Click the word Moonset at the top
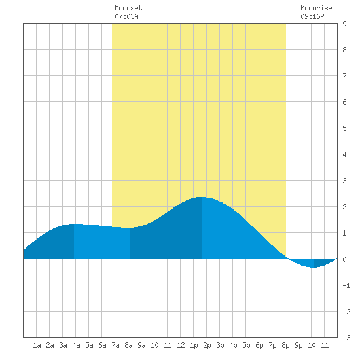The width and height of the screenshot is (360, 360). [128, 8]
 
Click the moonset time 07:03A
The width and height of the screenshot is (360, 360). [126, 16]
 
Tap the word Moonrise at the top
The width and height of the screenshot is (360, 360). [316, 8]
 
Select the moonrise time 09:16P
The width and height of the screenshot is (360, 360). [312, 16]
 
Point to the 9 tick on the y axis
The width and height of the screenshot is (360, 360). [344, 24]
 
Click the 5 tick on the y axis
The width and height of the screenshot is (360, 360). [344, 128]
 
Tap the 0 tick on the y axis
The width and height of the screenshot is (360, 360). [344, 259]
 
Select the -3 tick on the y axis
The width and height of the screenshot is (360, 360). [346, 338]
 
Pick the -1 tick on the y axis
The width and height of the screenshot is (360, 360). [346, 285]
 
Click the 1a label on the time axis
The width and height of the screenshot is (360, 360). [37, 345]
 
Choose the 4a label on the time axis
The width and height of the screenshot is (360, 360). [76, 345]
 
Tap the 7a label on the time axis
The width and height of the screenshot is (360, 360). [115, 345]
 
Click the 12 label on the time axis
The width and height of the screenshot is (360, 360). [181, 345]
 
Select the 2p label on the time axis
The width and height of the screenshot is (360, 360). [207, 345]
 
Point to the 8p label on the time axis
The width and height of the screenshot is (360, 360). [285, 345]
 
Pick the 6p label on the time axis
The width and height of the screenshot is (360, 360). [259, 345]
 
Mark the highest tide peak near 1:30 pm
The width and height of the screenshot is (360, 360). [201, 197]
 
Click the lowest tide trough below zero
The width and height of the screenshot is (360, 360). [313, 267]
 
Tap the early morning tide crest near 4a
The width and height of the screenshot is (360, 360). [75, 224]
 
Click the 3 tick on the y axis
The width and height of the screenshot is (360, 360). [344, 181]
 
